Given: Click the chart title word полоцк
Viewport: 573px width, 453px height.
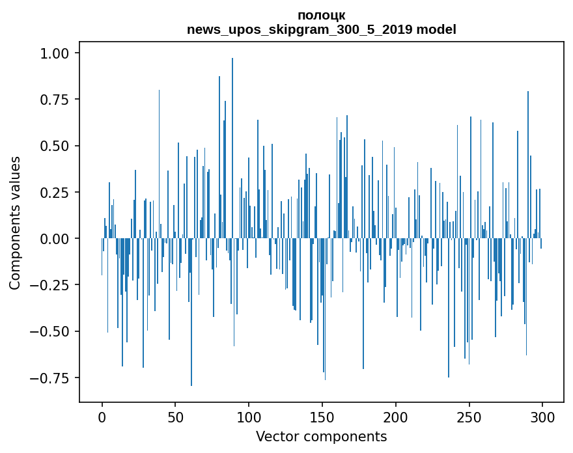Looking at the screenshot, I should point(321,15).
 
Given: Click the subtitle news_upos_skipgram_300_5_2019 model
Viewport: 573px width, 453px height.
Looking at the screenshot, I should point(321,29).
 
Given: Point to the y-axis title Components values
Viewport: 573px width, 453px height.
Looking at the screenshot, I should point(14,223).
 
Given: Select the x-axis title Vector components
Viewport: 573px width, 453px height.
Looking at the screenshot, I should point(321,437).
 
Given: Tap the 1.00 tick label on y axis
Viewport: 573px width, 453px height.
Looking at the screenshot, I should point(59,53).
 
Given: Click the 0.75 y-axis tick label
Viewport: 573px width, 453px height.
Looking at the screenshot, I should point(59,99).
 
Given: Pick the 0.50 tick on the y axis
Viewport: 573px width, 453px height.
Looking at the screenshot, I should point(59,146).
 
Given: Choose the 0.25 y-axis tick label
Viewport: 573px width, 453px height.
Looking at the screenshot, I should point(59,192).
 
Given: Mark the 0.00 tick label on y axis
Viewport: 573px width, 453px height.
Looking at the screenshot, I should point(59,239).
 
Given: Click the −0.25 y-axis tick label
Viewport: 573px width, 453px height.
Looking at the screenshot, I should point(55,285).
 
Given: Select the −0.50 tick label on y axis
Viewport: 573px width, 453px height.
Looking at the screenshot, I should point(55,331).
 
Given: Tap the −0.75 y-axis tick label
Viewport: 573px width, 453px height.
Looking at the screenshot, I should point(55,378).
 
